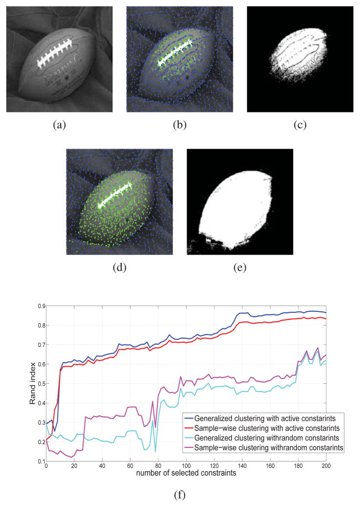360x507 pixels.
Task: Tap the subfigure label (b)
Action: [x=179, y=125]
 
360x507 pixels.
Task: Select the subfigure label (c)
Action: [x=299, y=125]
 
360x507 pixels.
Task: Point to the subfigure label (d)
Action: [x=120, y=267]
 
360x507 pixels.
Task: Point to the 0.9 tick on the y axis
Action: [x=38, y=306]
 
